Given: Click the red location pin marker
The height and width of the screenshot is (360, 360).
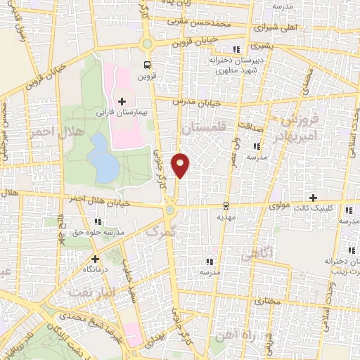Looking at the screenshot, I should click(x=181, y=165).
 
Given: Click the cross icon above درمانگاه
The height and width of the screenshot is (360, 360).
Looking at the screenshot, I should click(x=95, y=258).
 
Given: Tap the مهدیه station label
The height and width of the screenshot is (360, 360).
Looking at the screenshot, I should click(x=225, y=217).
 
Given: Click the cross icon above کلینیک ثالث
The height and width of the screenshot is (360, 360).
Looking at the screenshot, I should click(x=314, y=198).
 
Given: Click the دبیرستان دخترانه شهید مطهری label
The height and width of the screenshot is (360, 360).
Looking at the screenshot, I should click(x=231, y=65).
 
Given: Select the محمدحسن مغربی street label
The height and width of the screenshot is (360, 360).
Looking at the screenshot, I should click(x=204, y=24).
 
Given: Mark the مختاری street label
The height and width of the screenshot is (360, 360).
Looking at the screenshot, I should click(x=266, y=299).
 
